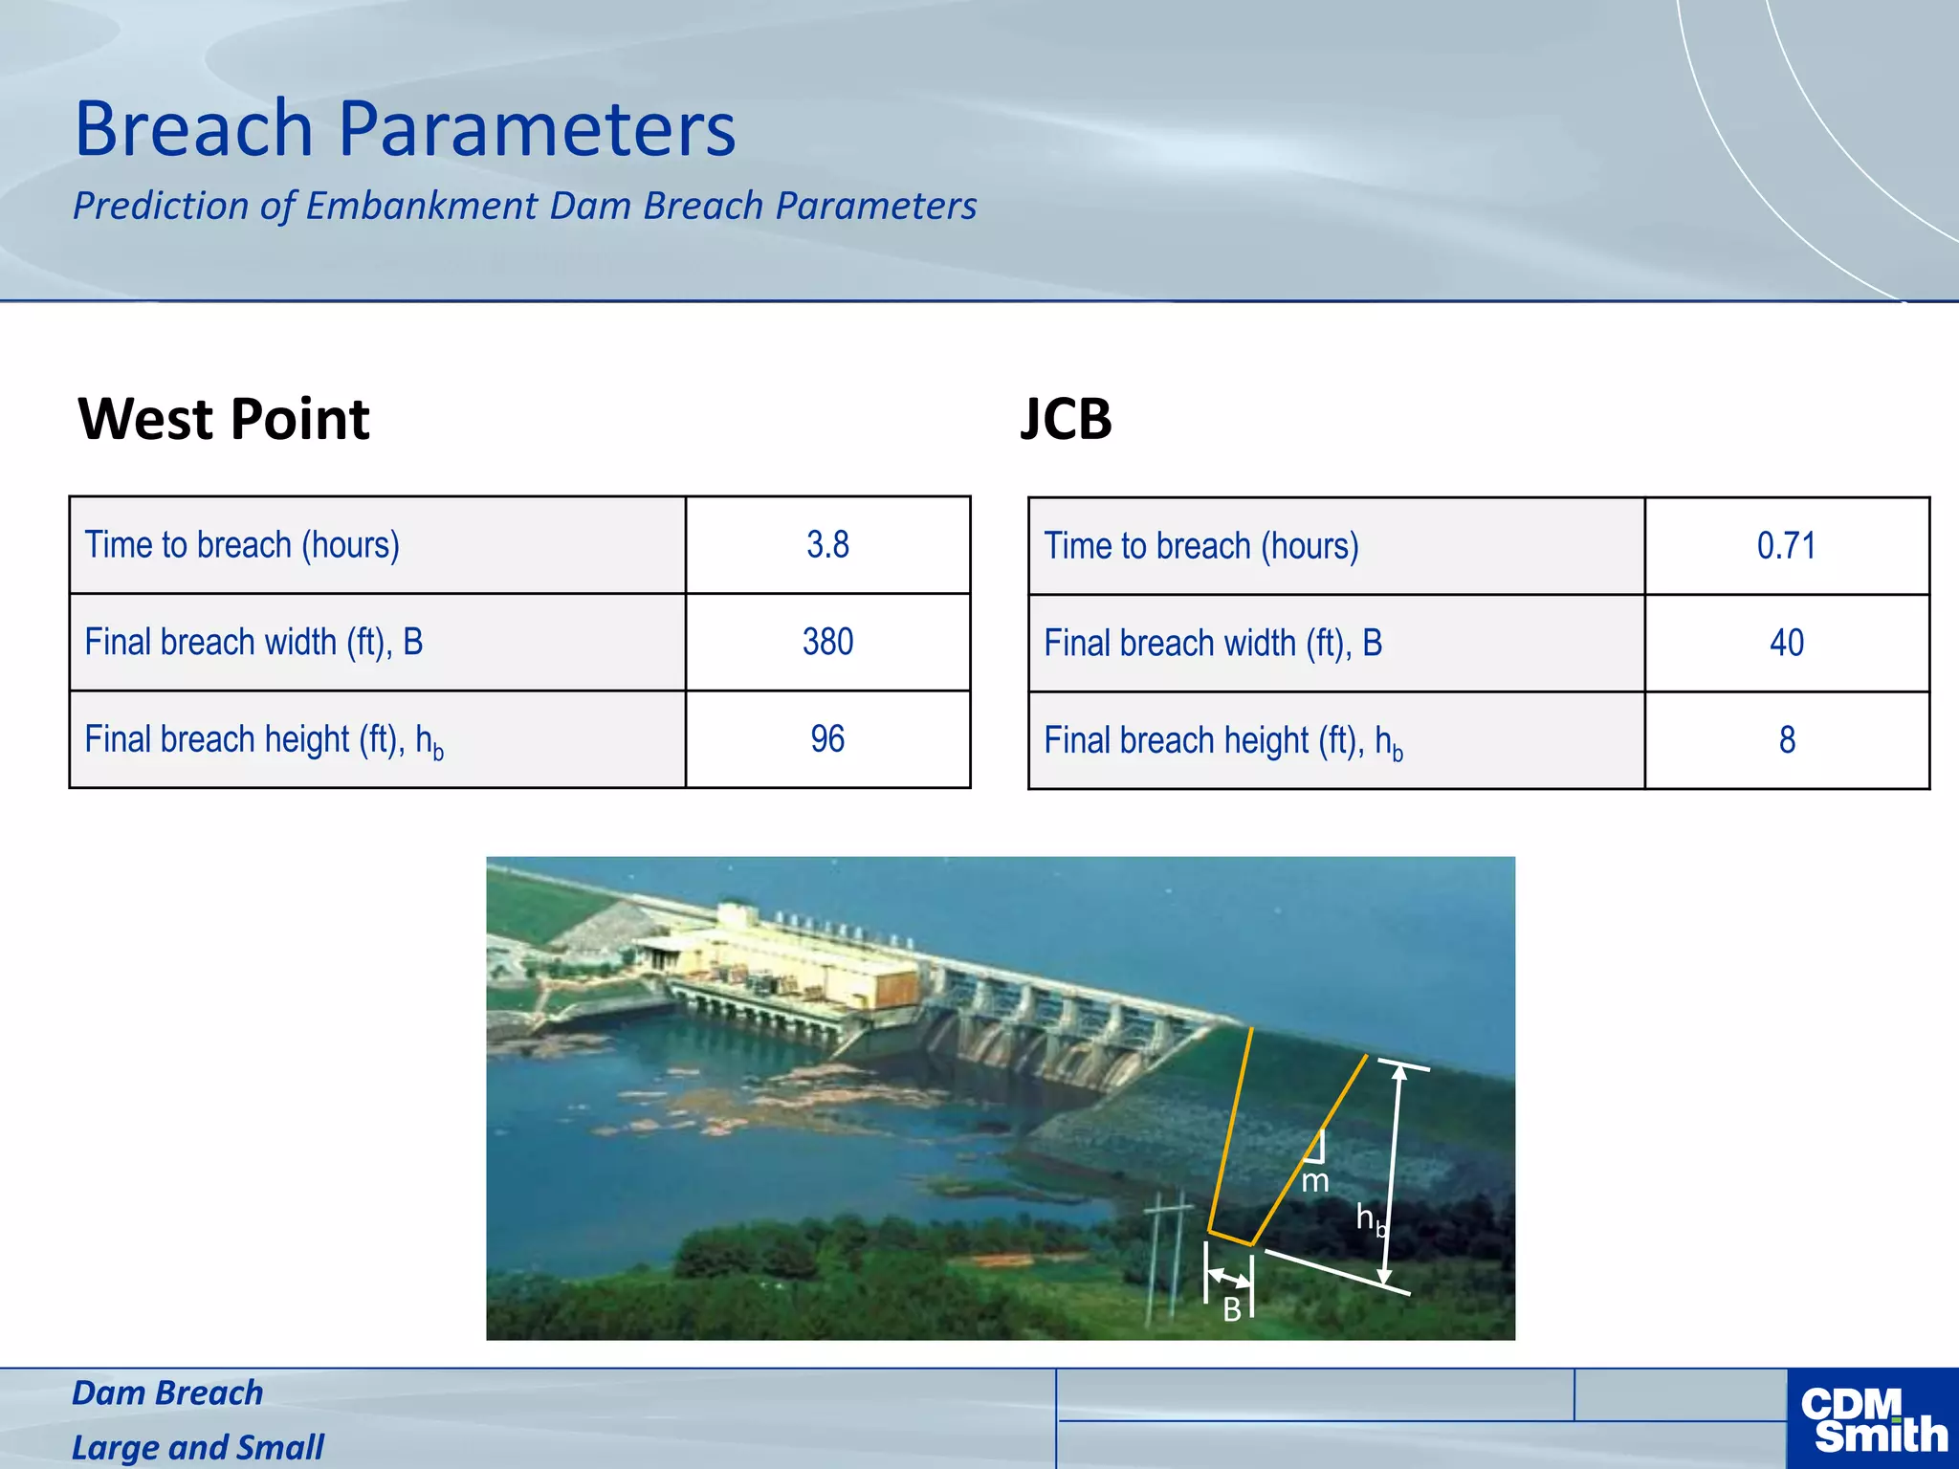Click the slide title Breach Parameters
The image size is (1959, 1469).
406,129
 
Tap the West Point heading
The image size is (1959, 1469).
224,419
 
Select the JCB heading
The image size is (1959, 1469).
1066,419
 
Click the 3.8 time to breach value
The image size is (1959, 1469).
827,545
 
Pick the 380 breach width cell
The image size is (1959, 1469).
827,642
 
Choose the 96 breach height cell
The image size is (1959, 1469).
827,739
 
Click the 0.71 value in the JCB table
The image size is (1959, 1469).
1786,546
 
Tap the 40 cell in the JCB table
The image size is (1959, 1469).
1786,643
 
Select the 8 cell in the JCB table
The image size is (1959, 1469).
1786,740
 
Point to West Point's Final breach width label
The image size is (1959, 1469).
253,642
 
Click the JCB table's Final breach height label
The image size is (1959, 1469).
1222,741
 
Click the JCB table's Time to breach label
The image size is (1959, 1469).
1200,546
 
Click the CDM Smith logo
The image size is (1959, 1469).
1872,1419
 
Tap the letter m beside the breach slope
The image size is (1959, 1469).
1315,1182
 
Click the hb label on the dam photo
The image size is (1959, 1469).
1371,1218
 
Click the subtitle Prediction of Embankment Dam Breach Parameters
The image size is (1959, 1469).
524,206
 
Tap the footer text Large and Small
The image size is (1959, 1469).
198,1447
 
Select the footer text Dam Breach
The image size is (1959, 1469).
167,1393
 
